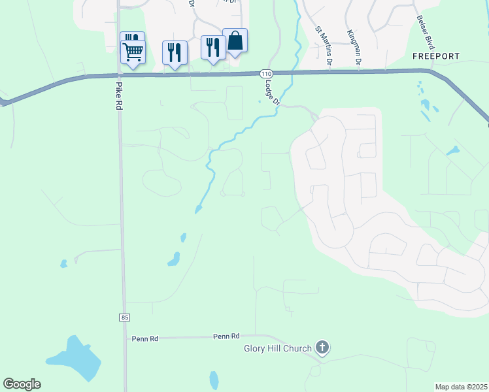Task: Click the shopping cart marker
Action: (x=133, y=51)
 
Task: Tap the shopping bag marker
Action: (x=235, y=41)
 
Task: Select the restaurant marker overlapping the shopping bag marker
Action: (x=211, y=47)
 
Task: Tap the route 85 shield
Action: (x=124, y=317)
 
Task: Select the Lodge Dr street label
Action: (x=271, y=92)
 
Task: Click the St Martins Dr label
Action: (x=322, y=45)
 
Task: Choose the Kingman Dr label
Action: (x=355, y=47)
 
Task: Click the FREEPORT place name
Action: (x=436, y=56)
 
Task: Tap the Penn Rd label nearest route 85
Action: (x=145, y=338)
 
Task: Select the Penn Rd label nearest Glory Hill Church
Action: (x=226, y=336)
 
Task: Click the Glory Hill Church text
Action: (x=278, y=348)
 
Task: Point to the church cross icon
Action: (x=321, y=348)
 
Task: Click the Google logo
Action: (x=22, y=384)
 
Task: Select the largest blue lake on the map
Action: (x=73, y=358)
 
